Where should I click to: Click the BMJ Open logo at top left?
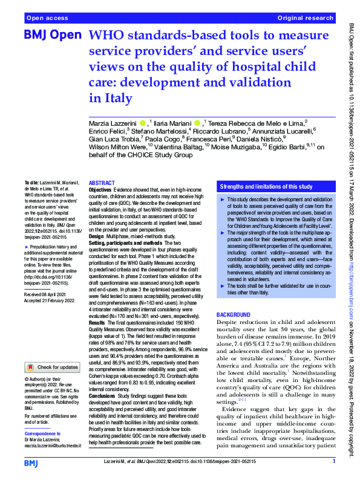click(51, 36)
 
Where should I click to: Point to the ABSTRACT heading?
click(101, 183)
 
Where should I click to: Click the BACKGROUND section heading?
click(233, 315)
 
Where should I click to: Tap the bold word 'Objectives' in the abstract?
click(100, 189)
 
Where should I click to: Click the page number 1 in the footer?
click(334, 462)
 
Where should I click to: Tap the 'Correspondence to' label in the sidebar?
click(44, 434)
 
